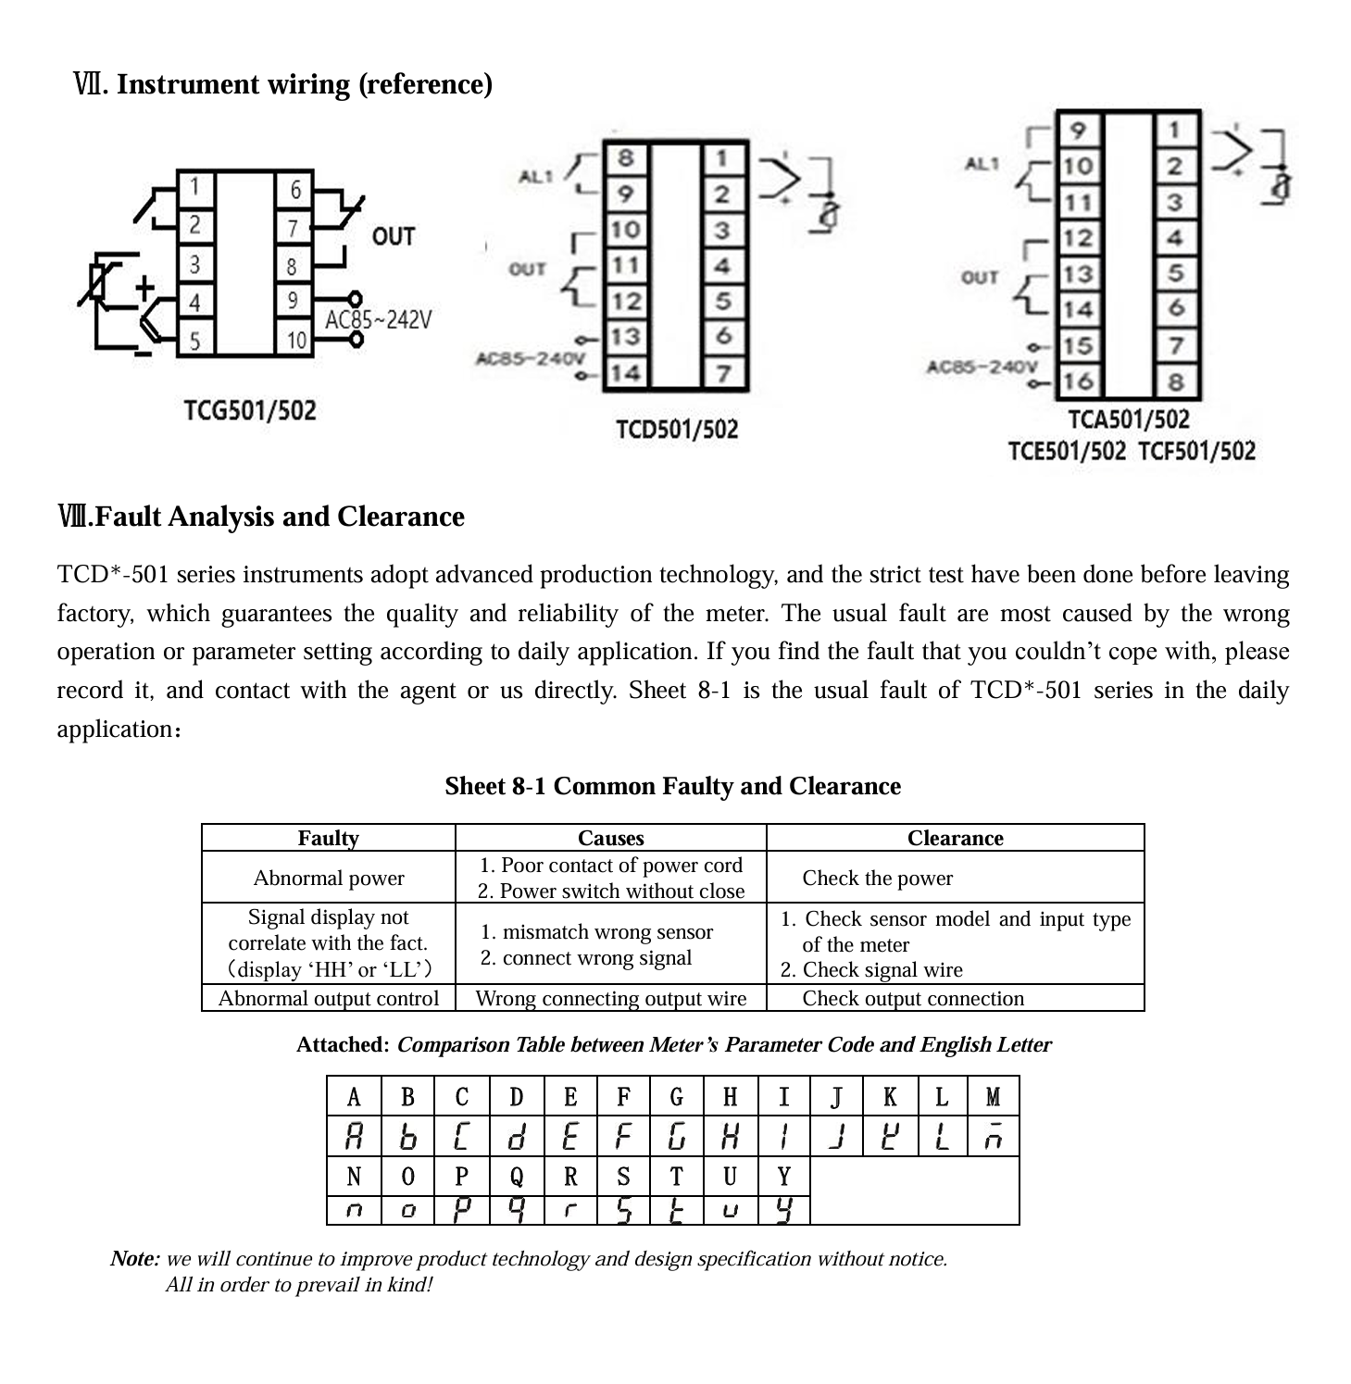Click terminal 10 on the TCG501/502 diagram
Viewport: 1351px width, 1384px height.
[295, 340]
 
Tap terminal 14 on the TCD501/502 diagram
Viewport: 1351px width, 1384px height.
[626, 373]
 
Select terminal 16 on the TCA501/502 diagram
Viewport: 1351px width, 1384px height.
[1078, 380]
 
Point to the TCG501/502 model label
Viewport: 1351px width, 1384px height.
[250, 410]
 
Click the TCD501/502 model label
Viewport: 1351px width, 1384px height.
[677, 430]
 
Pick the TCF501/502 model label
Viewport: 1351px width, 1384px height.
[1196, 452]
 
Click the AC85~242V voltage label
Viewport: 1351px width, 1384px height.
[378, 320]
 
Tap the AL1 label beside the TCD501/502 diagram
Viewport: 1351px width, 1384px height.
[535, 176]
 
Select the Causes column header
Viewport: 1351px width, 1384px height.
[610, 838]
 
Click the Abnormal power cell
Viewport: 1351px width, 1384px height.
[329, 878]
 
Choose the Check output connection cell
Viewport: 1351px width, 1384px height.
[913, 998]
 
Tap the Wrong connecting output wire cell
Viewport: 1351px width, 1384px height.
[610, 998]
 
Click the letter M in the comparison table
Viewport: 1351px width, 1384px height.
[993, 1097]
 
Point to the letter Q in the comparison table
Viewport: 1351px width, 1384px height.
[517, 1177]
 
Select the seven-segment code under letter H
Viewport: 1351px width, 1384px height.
[731, 1136]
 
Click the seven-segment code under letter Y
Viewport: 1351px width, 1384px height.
[784, 1210]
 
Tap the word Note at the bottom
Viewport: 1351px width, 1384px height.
[134, 1259]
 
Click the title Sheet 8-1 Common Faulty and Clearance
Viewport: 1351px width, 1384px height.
[672, 786]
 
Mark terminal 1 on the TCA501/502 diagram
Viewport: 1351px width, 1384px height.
[1174, 130]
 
